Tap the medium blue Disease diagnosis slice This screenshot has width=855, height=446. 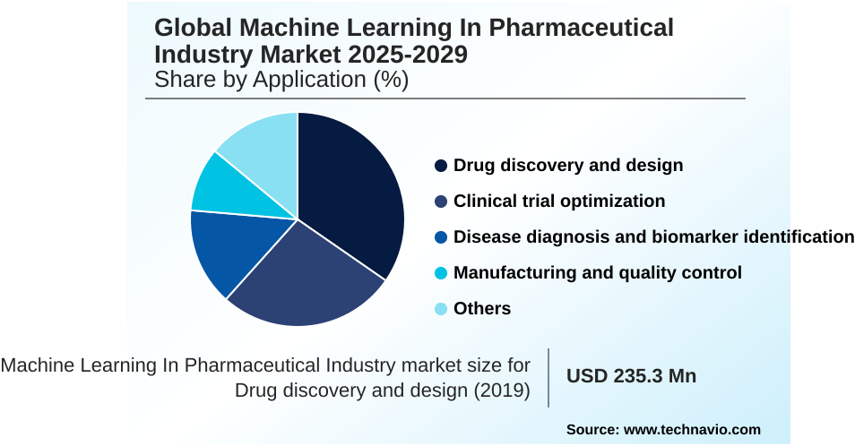pos(224,251)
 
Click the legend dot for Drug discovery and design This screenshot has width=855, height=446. pos(441,166)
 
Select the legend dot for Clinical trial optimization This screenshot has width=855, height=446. pos(441,202)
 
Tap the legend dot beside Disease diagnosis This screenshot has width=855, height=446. pos(441,237)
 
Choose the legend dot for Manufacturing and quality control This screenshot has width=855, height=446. pos(441,273)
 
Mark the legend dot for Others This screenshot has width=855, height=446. pos(441,309)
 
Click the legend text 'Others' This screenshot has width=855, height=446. pos(482,309)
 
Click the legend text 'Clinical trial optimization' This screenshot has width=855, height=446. pos(559,202)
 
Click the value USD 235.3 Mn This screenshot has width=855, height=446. pos(631,376)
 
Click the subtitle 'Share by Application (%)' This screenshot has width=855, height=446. pos(281,80)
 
